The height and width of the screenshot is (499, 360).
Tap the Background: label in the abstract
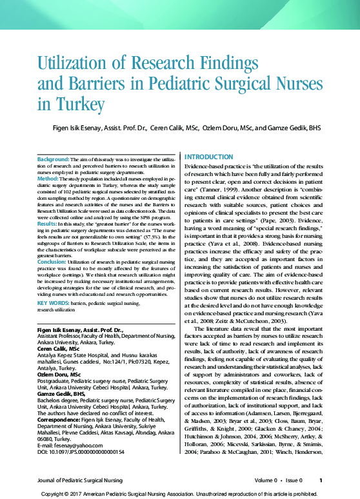pyautogui.click(x=53, y=159)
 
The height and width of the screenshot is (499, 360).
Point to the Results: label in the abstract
pyautogui.click(x=48, y=222)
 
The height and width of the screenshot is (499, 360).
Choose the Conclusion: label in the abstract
pyautogui.click(x=52, y=262)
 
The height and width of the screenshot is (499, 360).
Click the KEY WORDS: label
pyautogui.click(x=54, y=302)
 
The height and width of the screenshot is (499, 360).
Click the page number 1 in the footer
pyautogui.click(x=321, y=480)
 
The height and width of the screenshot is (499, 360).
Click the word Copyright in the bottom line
pyautogui.click(x=55, y=493)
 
